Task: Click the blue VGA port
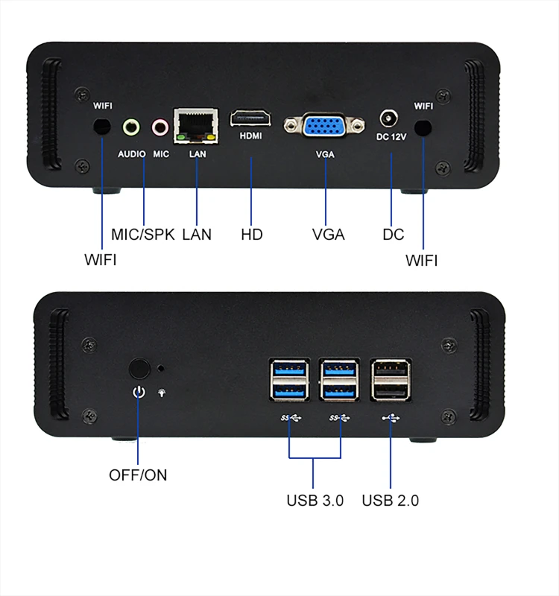pos(324,125)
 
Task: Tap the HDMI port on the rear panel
pos(250,118)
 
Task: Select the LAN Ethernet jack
pos(195,124)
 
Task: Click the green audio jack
pos(131,127)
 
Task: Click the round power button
pos(138,369)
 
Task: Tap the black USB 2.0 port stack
pos(389,383)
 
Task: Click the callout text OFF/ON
pos(138,475)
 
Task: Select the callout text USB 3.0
pos(315,500)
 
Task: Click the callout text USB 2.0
pos(390,500)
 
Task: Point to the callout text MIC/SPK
pos(142,234)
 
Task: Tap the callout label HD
pos(251,234)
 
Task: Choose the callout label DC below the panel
pos(393,234)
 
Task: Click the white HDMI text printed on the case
pos(250,137)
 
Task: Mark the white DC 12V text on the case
pos(391,138)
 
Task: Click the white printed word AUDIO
pos(131,154)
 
